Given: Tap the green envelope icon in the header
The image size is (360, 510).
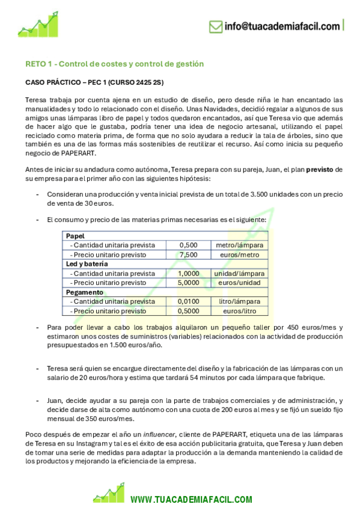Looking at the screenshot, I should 215,26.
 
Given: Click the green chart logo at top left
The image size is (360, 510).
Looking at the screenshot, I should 38,25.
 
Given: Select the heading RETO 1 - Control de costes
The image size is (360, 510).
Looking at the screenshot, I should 114,64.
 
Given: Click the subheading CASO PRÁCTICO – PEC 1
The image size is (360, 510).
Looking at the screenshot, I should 94,81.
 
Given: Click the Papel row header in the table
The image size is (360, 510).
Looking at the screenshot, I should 75,236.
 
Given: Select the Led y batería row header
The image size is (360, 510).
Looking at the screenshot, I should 87,264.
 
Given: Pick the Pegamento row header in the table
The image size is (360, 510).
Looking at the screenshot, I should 84,292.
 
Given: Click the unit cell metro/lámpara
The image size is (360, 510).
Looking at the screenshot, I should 239,245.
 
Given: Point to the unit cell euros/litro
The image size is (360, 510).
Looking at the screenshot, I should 239,310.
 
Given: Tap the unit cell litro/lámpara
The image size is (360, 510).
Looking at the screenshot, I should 239,301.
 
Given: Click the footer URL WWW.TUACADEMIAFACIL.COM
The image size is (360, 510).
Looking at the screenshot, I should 191,499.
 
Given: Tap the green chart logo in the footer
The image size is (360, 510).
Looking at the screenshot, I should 109,493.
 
